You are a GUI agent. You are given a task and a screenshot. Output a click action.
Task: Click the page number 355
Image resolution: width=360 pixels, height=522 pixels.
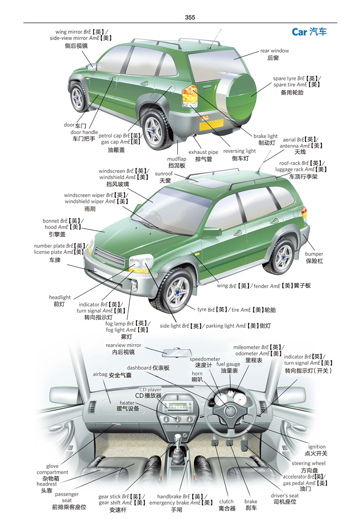click(190, 17)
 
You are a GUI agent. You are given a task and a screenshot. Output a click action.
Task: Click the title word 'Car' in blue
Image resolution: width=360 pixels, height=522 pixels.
click(299, 32)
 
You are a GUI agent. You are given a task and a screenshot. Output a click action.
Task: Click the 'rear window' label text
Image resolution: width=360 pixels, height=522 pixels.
click(274, 51)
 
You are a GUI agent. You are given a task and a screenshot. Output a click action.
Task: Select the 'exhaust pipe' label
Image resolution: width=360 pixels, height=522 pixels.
click(203, 152)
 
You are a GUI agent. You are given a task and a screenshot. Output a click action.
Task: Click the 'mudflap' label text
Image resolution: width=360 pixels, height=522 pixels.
click(177, 159)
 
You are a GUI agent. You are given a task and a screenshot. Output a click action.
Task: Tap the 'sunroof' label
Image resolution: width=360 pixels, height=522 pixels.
click(164, 173)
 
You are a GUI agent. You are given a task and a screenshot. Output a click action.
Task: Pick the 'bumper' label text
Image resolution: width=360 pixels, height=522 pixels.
click(314, 253)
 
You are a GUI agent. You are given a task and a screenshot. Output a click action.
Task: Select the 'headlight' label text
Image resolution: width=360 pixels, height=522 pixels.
click(60, 297)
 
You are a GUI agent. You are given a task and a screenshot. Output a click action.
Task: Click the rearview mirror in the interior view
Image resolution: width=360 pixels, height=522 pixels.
click(177, 352)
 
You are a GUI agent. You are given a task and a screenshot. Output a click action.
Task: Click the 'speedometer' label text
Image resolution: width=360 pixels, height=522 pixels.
click(205, 359)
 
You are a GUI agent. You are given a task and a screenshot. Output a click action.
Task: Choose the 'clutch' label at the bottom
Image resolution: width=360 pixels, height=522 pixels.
click(226, 501)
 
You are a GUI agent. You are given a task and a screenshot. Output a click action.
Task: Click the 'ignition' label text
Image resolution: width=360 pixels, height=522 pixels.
click(317, 447)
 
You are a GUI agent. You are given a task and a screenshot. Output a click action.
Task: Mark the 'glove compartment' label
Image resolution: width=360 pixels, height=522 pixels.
click(52, 469)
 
